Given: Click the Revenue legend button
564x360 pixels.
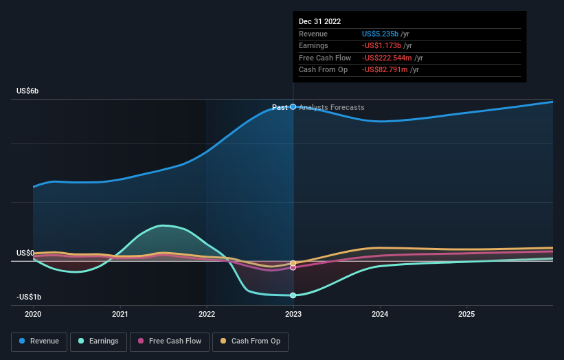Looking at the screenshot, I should point(39,341).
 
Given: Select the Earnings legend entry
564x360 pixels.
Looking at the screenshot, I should point(98,341).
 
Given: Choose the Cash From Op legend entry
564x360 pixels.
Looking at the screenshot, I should point(249,341).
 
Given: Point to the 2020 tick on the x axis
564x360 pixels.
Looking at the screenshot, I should point(33,314).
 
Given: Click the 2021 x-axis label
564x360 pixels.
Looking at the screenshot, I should point(120,314).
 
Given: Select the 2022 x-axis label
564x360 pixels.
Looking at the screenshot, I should point(207,314).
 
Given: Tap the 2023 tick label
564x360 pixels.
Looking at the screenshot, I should point(293,314).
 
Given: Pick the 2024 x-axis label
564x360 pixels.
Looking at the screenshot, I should point(380,314).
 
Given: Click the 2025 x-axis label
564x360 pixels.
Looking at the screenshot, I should point(466,314).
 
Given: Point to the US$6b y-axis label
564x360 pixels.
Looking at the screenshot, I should point(28,91).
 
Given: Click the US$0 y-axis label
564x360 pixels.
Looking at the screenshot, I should point(25,253).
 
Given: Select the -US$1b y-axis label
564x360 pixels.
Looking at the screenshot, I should point(30,297).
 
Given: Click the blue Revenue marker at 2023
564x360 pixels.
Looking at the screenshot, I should point(293,106).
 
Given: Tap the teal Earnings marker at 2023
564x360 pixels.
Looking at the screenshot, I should point(293,295).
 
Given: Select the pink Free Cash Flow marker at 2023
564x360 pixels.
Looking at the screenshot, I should point(293,267).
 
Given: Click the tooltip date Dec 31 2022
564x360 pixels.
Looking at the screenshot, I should point(319,22).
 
